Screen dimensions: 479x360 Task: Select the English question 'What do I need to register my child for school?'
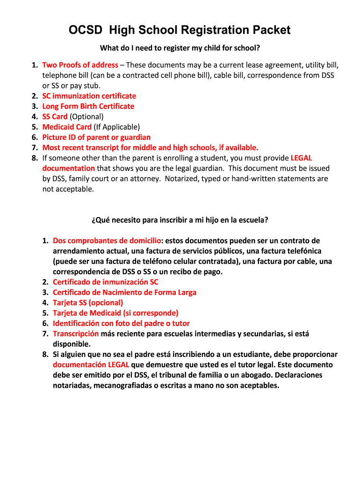(180, 48)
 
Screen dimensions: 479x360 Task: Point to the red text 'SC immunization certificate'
(89, 96)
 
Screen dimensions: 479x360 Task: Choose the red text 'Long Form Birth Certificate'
(88, 106)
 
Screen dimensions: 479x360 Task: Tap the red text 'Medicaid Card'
(67, 127)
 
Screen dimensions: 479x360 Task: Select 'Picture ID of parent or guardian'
(96, 137)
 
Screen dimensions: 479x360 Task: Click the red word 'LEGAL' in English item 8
(301, 158)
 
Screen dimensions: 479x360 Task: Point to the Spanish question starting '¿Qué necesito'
(180, 219)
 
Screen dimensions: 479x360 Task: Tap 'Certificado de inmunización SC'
(106, 282)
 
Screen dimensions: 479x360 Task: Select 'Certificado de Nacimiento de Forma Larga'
(124, 292)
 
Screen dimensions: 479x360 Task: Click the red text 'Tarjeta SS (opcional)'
(88, 302)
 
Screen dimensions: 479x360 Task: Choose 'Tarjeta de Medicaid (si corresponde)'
(115, 312)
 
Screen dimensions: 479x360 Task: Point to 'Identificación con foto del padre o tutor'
(121, 323)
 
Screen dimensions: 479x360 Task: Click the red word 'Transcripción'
(76, 334)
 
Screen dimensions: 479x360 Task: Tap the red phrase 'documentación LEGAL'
(91, 364)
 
